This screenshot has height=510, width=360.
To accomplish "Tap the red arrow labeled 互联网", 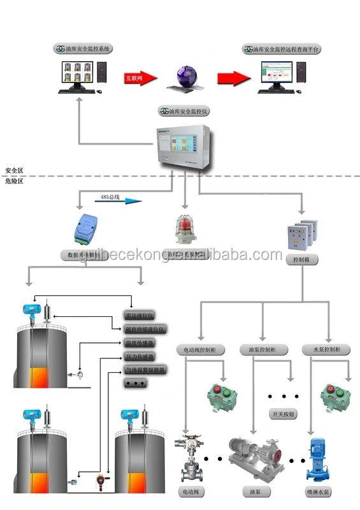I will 136,77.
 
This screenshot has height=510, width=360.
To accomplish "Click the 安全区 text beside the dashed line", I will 14,171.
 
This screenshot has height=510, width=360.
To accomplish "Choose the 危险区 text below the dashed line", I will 14,182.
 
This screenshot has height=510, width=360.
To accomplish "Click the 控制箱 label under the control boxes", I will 302,260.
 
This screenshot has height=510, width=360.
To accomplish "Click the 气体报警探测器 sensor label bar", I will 145,370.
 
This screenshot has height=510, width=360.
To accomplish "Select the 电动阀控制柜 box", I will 199,349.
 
